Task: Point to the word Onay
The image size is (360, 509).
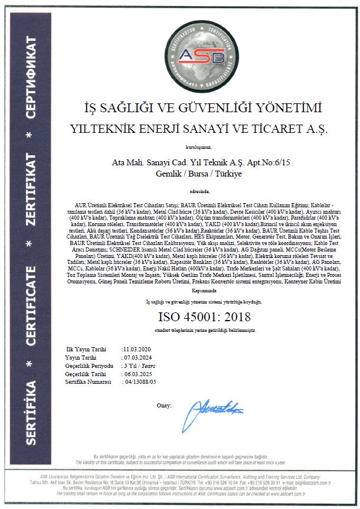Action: coord(163,405)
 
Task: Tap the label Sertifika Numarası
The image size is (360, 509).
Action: coord(89,382)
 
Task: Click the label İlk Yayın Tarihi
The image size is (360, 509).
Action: coord(86,350)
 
